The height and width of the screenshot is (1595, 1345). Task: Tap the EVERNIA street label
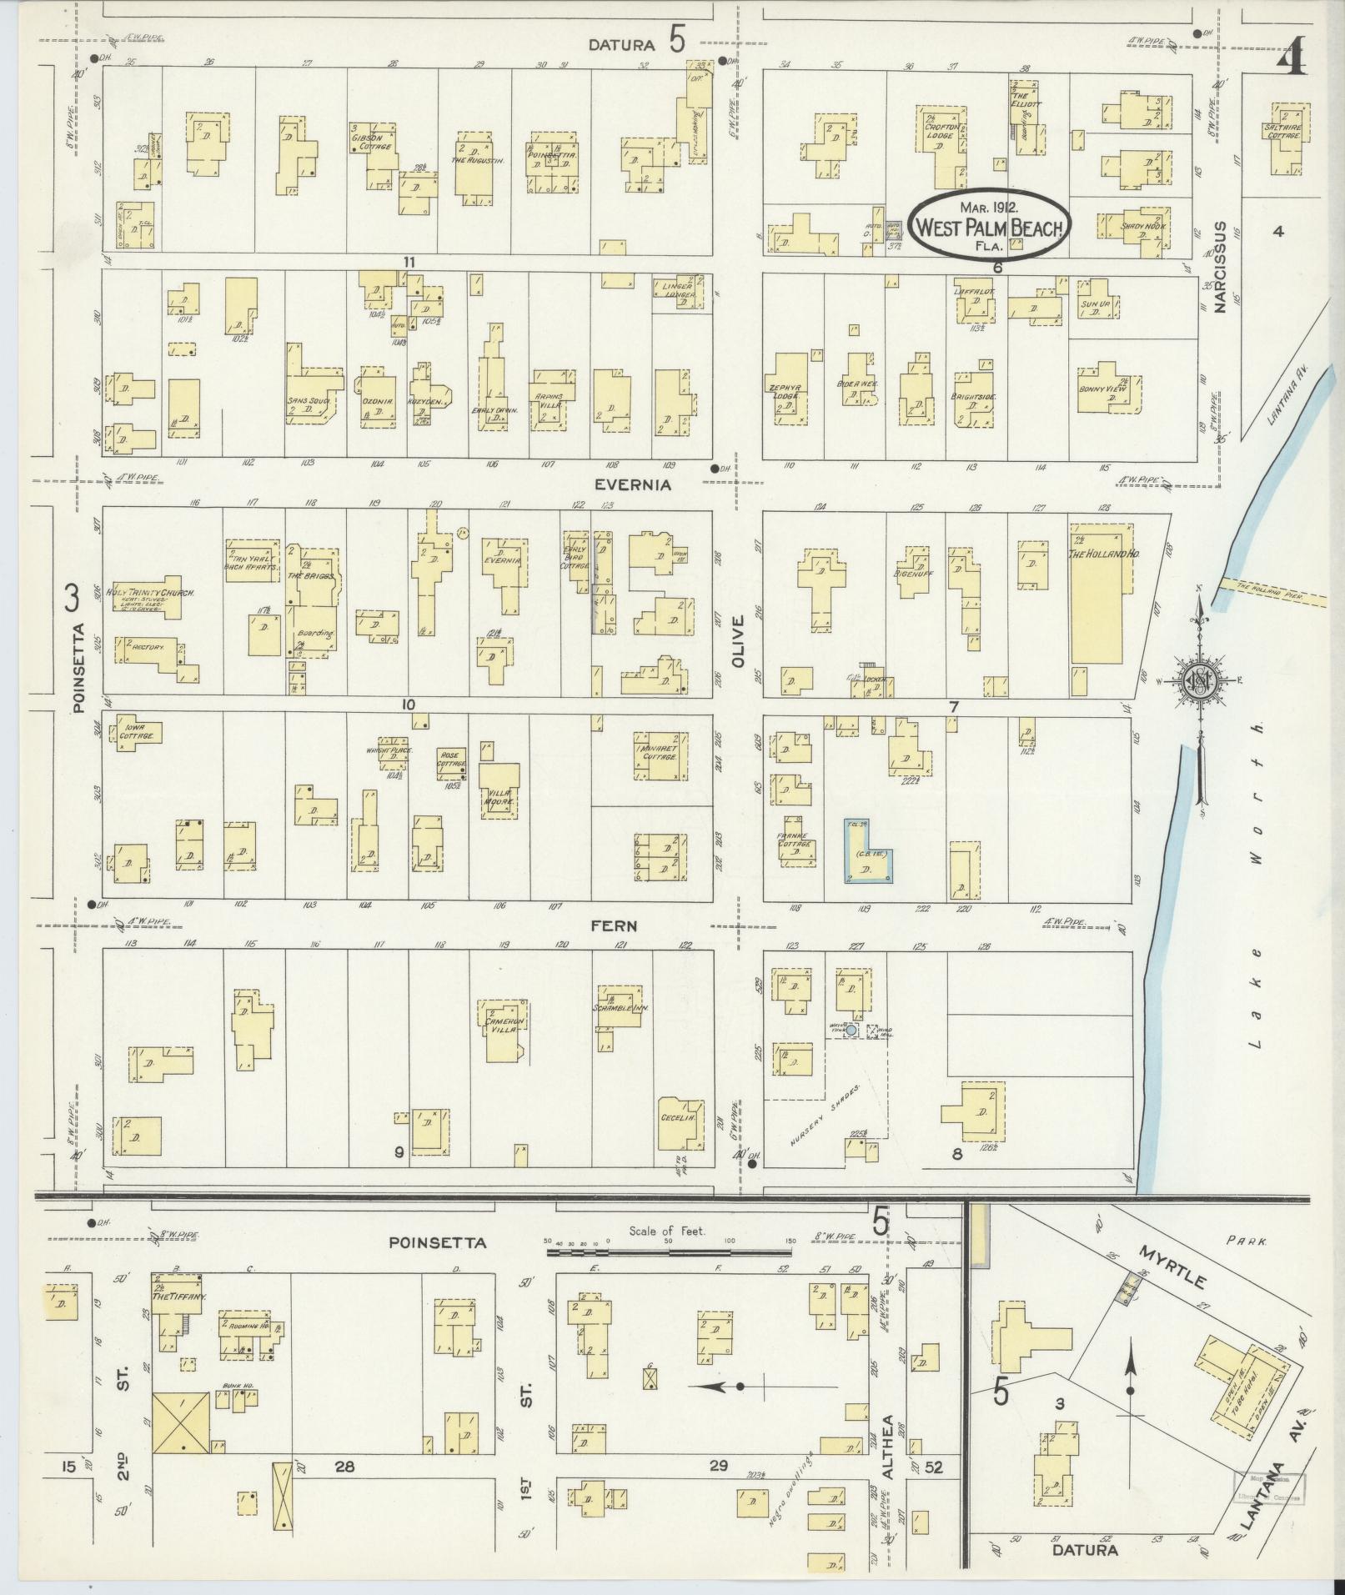coord(632,484)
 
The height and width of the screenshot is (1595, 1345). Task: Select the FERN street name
coord(614,925)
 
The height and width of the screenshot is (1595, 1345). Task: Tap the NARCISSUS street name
coord(1221,267)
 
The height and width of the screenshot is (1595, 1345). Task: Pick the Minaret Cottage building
coord(661,755)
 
